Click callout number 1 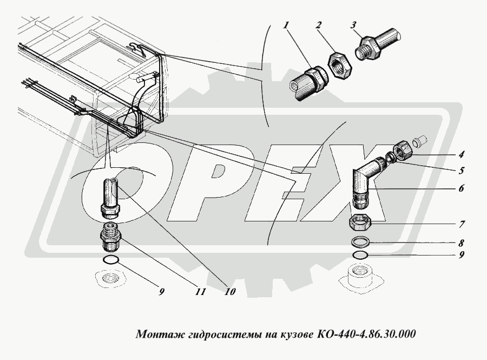click(x=286, y=25)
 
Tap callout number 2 click(x=318, y=25)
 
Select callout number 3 click(x=353, y=25)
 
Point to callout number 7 click(x=462, y=224)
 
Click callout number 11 click(x=200, y=292)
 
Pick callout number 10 click(x=230, y=292)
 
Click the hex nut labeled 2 click(x=340, y=66)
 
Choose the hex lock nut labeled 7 click(x=360, y=222)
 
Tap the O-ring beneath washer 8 click(x=360, y=256)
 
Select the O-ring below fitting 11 click(x=110, y=260)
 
